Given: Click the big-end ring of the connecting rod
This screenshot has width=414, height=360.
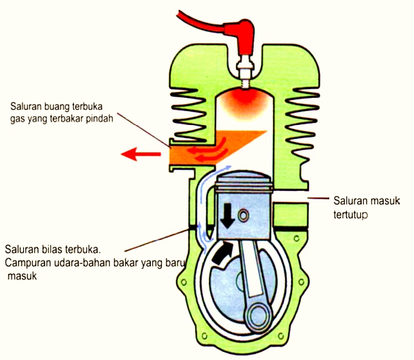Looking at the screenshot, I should (x=257, y=318).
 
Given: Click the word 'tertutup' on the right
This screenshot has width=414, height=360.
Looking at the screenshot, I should (x=350, y=213).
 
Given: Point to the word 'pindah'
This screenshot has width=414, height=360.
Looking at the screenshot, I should (x=99, y=118).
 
